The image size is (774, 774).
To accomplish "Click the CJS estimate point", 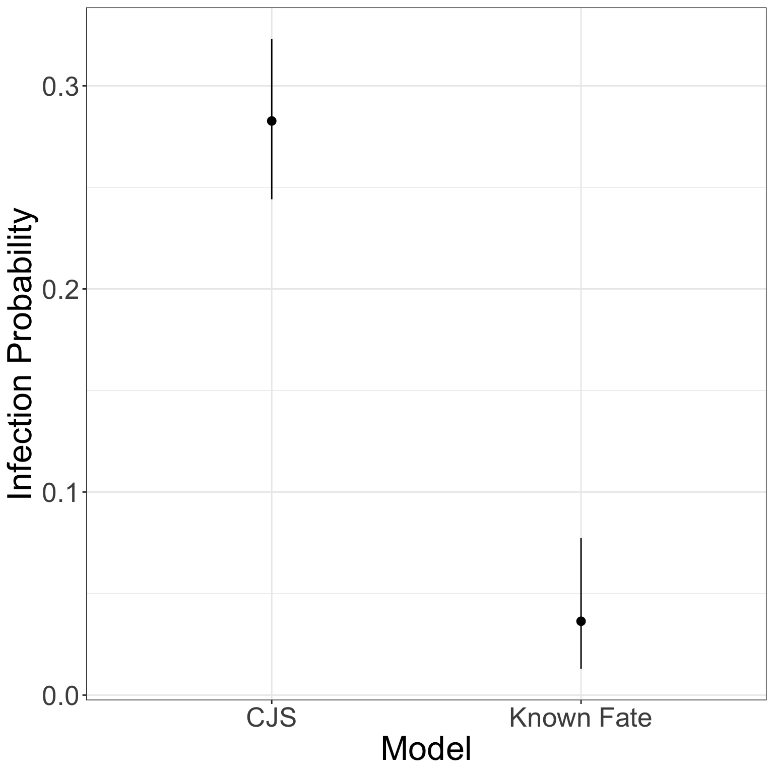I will [x=272, y=121].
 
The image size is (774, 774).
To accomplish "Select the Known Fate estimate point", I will [x=581, y=621].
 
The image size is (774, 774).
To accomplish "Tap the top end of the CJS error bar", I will [x=272, y=39].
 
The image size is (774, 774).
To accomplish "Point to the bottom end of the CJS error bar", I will [x=272, y=199].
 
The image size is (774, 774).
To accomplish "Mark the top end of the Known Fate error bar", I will [x=581, y=539].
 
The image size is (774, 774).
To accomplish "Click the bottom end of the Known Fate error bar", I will [x=581, y=668].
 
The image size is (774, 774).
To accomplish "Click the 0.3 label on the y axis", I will [x=61, y=87].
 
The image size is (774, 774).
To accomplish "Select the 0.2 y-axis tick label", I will [x=61, y=290].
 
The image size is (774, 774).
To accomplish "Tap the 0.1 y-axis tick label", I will [x=61, y=493].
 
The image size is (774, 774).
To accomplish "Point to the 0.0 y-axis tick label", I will [x=61, y=696].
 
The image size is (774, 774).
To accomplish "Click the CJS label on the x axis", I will [x=271, y=718].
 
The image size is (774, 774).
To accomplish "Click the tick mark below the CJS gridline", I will [x=272, y=702].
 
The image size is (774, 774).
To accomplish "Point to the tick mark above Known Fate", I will [x=581, y=702].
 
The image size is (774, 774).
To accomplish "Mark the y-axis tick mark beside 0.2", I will [x=84, y=289].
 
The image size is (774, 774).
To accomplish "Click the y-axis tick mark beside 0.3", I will [x=84, y=86].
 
